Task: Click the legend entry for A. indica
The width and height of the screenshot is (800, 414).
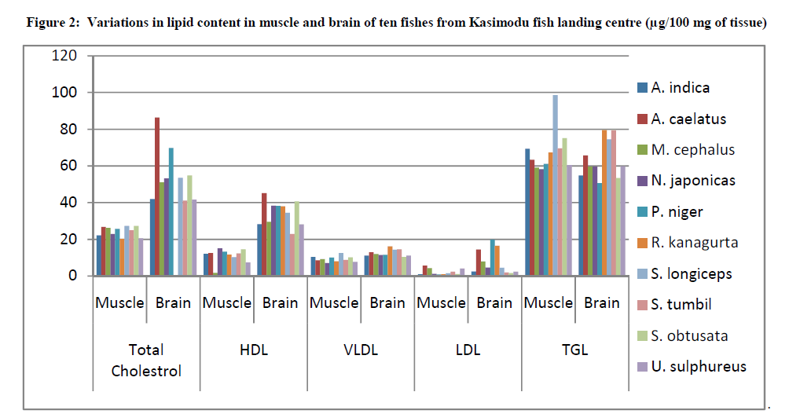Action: (x=681, y=88)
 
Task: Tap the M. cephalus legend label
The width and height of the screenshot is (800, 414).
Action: (x=692, y=149)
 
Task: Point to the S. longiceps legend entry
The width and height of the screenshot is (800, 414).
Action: (x=692, y=273)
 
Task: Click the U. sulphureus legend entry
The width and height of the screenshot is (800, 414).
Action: (x=698, y=366)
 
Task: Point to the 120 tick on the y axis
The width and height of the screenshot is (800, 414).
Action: (x=65, y=56)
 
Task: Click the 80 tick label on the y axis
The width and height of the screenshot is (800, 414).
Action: (x=68, y=129)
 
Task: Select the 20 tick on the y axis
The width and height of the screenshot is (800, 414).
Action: (x=68, y=239)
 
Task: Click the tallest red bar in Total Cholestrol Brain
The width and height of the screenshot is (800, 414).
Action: (x=157, y=196)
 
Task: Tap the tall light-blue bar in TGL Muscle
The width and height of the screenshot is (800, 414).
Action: (x=555, y=185)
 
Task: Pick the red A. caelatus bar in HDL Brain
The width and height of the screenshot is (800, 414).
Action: (x=264, y=234)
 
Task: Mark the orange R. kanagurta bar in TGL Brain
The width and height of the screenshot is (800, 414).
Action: (x=604, y=203)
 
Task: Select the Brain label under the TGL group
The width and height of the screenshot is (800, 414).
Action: (x=601, y=302)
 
